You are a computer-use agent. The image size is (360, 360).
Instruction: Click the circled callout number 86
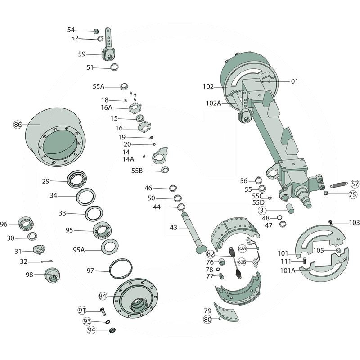[x=18, y=125]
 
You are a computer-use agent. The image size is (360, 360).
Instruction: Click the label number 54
[x=71, y=30]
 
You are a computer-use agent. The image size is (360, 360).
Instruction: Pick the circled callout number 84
[x=103, y=296]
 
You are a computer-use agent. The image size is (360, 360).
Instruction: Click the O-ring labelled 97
[x=121, y=270]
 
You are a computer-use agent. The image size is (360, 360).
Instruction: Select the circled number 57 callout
[x=355, y=184]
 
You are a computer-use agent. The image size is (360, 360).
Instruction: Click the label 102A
[x=213, y=103]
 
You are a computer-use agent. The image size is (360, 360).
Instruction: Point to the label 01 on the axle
[x=294, y=81]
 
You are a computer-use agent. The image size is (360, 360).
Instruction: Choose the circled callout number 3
[x=262, y=210]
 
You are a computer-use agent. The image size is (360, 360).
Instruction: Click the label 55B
[x=137, y=171]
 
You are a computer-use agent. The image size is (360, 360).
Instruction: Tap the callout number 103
[x=354, y=222]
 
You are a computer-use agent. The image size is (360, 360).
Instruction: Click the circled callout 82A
[x=242, y=248]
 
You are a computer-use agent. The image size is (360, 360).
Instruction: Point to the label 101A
[x=288, y=270]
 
